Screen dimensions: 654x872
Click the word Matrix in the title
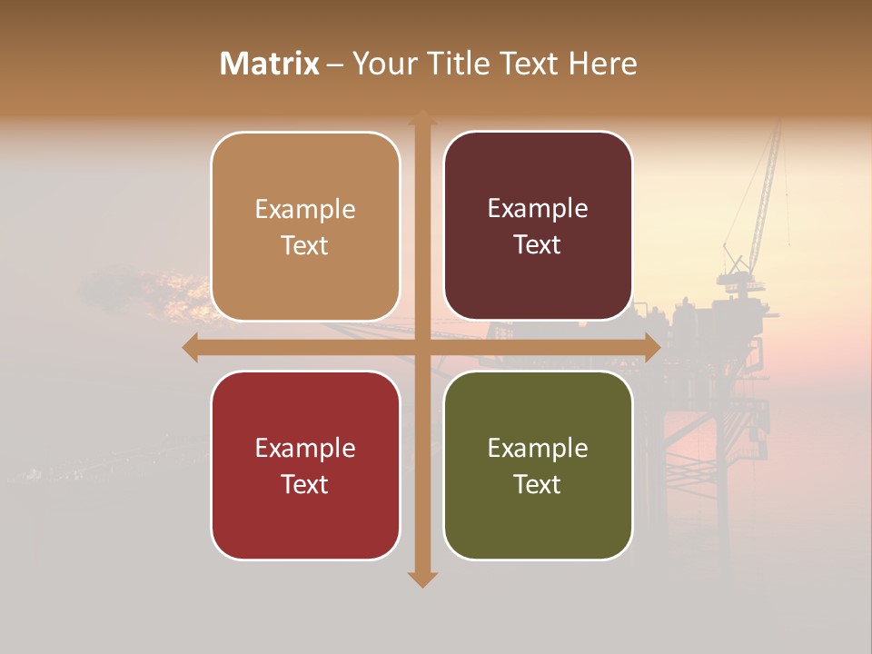point(270,64)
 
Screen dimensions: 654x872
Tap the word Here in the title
point(602,64)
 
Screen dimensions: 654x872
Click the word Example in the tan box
point(305,210)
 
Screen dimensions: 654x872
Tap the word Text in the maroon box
point(538,245)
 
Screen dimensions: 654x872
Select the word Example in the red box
point(305,449)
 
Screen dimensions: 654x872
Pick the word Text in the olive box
point(538,484)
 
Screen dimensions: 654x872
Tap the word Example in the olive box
point(538,449)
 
